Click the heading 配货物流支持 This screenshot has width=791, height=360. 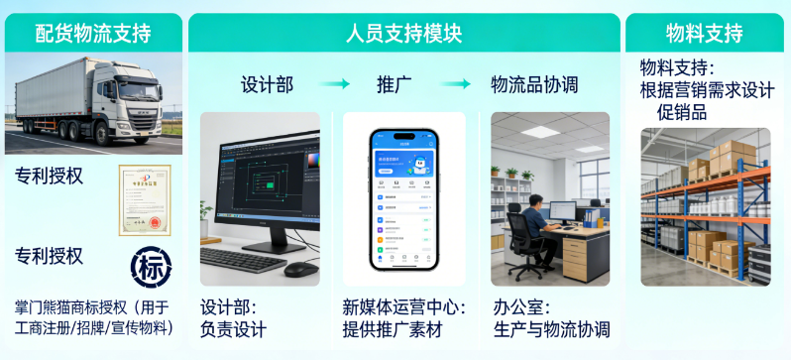coord(93,33)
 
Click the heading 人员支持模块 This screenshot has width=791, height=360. coord(403,33)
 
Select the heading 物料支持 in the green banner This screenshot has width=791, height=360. coord(705,33)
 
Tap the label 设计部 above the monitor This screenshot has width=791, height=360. coord(267,84)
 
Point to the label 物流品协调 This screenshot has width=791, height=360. coord(534,84)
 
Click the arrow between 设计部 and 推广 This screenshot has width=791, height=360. coord(334,84)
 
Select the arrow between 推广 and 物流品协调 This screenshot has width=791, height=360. coord(455,84)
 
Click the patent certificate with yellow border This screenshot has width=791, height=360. coord(145,199)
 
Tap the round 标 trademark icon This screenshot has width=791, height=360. coord(151,266)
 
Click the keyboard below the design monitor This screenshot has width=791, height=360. coord(243,260)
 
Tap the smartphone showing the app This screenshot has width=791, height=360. coord(403,198)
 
